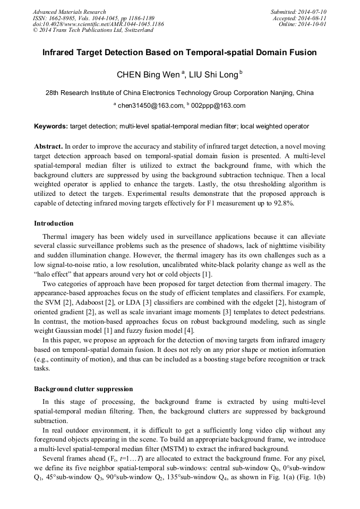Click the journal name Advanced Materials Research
tap(69, 12)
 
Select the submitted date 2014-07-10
tap(312, 12)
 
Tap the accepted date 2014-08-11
tap(313, 18)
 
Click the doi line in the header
tap(98, 24)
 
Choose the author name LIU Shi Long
tap(212, 74)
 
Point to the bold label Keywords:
tap(51, 126)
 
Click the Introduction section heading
tap(54, 223)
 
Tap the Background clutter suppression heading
tap(83, 389)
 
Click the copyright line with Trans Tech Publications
tap(93, 30)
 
